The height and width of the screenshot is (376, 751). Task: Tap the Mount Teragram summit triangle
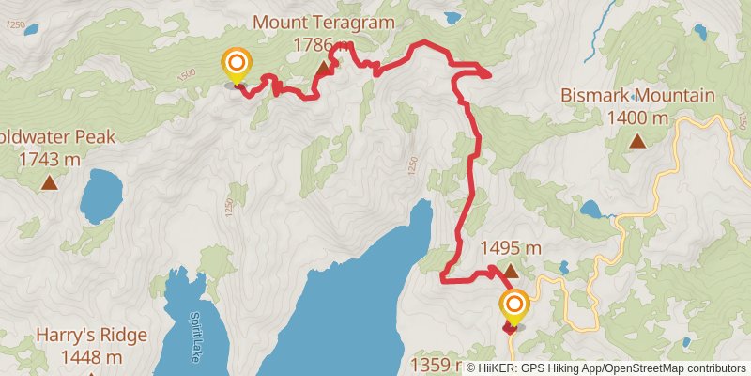click(324, 69)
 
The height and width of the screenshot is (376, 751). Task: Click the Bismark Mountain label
click(637, 96)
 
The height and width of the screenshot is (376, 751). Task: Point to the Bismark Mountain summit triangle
click(637, 141)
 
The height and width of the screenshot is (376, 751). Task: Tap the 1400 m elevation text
click(637, 118)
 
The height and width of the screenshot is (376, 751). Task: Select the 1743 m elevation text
click(49, 159)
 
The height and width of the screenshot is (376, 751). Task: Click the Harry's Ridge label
click(80, 335)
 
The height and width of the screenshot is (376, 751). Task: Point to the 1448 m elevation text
click(80, 356)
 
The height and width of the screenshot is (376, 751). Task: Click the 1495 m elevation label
click(511, 248)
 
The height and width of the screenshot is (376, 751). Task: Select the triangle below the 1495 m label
click(511, 272)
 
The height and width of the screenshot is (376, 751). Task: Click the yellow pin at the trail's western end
click(236, 65)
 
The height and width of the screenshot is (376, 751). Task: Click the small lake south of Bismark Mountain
click(592, 208)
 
